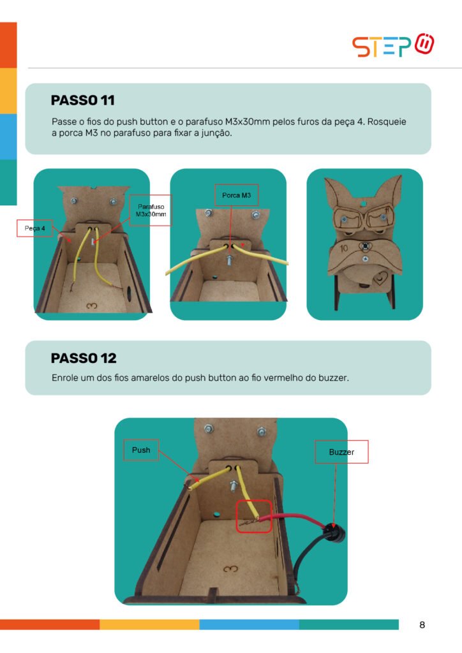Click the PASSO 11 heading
(x=82, y=100)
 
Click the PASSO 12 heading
(x=84, y=358)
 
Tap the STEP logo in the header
(x=393, y=45)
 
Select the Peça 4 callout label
(x=34, y=228)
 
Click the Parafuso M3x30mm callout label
(x=151, y=210)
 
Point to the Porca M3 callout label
(x=236, y=195)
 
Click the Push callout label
(x=141, y=450)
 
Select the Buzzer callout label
(x=341, y=452)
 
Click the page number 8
(x=422, y=625)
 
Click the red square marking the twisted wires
(x=254, y=517)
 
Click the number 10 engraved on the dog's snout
(x=344, y=249)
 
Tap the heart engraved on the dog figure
(x=380, y=277)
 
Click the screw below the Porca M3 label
(x=230, y=260)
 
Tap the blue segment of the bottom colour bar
(x=249, y=624)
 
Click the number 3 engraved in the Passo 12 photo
(x=230, y=569)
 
